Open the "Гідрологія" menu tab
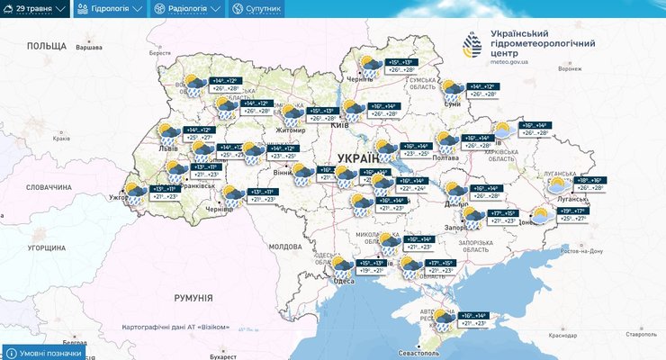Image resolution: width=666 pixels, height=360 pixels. [x=110, y=9]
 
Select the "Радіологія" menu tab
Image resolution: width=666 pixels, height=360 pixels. [x=186, y=9]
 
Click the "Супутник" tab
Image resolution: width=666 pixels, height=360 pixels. [x=256, y=9]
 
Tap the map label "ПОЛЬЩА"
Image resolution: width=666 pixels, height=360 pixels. [x=47, y=45]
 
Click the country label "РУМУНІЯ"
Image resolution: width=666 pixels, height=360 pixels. [x=193, y=297]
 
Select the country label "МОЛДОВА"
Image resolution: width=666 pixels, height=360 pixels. [x=285, y=246]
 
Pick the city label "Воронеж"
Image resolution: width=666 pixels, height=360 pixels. [x=571, y=68]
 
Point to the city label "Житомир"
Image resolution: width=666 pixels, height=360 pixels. [x=291, y=130]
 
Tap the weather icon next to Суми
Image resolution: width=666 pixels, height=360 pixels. [x=452, y=89]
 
